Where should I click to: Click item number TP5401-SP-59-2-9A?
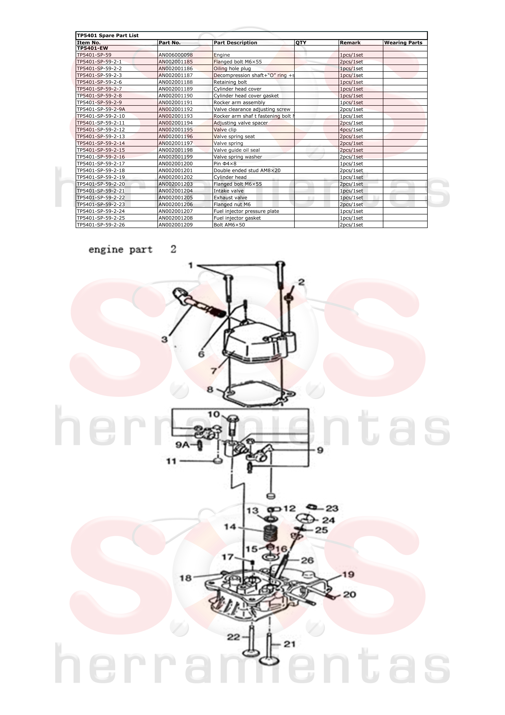pyautogui.click(x=101, y=109)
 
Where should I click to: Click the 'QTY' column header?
pyautogui.click(x=301, y=43)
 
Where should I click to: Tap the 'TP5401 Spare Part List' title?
pyautogui.click(x=108, y=36)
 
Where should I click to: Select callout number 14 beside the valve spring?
pyautogui.click(x=230, y=527)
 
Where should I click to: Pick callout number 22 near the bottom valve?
pyautogui.click(x=233, y=637)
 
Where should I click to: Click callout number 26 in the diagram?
pyautogui.click(x=307, y=561)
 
